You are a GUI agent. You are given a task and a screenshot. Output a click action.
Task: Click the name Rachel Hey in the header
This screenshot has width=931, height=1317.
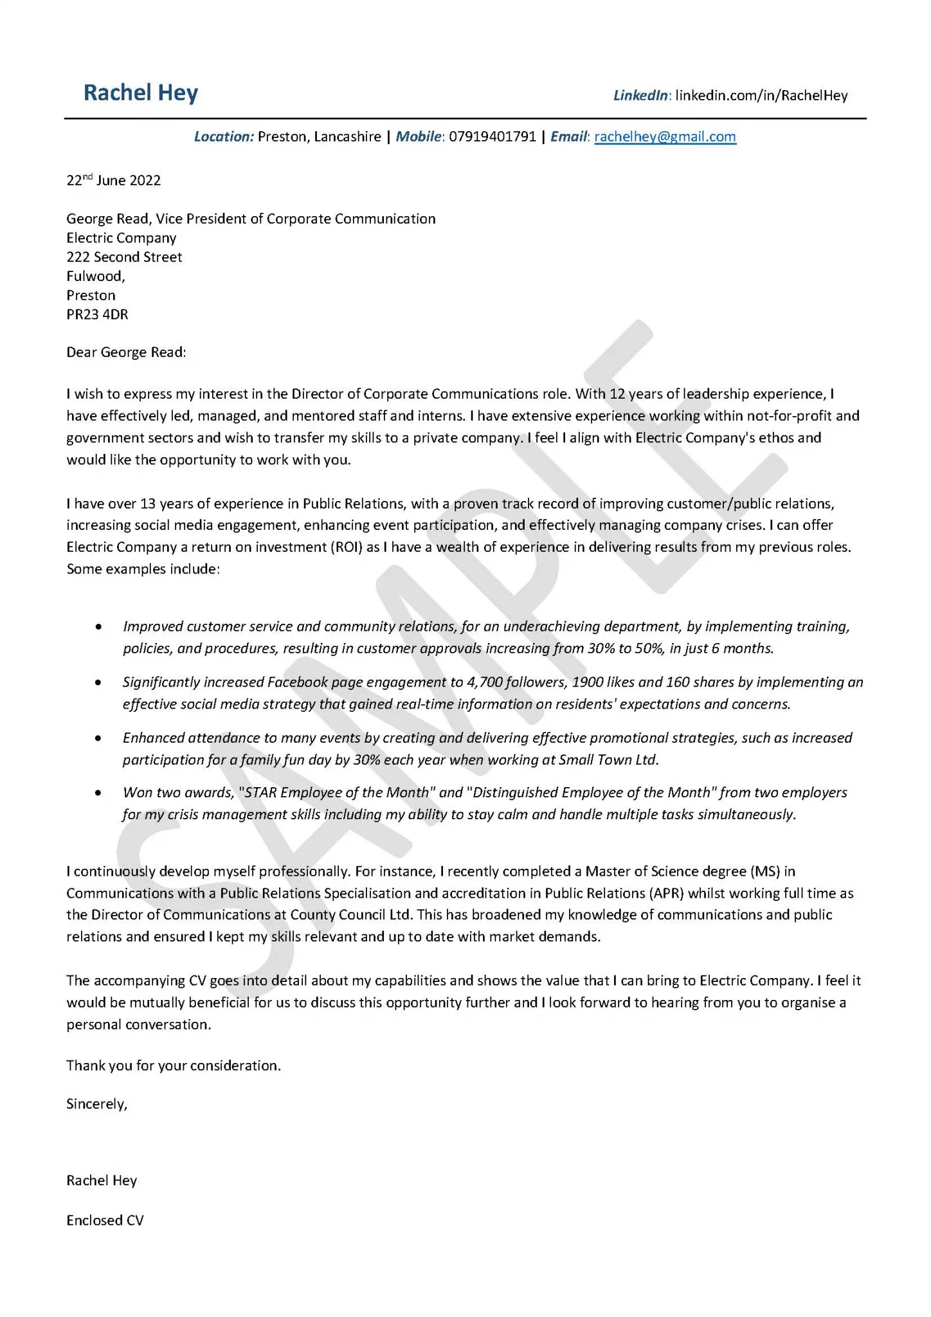coord(141,93)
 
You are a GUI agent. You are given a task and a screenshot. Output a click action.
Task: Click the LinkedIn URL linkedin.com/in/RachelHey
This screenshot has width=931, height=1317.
coord(761,96)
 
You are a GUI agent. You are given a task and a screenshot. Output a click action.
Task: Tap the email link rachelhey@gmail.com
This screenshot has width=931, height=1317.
coord(665,136)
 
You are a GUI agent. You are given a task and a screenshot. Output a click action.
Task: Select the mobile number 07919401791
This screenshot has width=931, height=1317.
coord(492,136)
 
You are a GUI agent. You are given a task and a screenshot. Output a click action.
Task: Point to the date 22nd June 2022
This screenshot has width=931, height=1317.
coord(113,180)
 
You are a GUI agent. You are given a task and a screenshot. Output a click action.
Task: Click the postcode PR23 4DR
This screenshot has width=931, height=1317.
coord(97,314)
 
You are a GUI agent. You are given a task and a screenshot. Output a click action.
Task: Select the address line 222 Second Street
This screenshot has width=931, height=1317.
coord(124,257)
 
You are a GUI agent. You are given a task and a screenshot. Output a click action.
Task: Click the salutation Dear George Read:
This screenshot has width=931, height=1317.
coord(126,352)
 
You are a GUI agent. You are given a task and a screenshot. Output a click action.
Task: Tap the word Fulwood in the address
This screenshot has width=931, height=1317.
coord(94,277)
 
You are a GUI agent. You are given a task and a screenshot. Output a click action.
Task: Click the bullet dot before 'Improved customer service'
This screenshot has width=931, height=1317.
coord(98,626)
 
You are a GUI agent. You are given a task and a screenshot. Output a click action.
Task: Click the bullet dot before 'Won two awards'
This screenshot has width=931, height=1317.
coord(98,793)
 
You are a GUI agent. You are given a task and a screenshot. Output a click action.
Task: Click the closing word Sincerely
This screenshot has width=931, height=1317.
coord(96,1104)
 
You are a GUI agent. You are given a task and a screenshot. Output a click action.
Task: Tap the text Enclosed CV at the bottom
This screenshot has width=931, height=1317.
coord(105,1221)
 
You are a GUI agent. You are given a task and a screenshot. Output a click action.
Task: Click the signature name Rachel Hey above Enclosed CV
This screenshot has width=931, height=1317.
coord(102,1181)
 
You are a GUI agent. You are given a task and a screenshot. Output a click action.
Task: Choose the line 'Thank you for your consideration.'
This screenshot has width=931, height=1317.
coord(174,1066)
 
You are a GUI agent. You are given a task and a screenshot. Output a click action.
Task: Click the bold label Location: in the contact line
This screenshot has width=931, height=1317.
coord(224,136)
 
